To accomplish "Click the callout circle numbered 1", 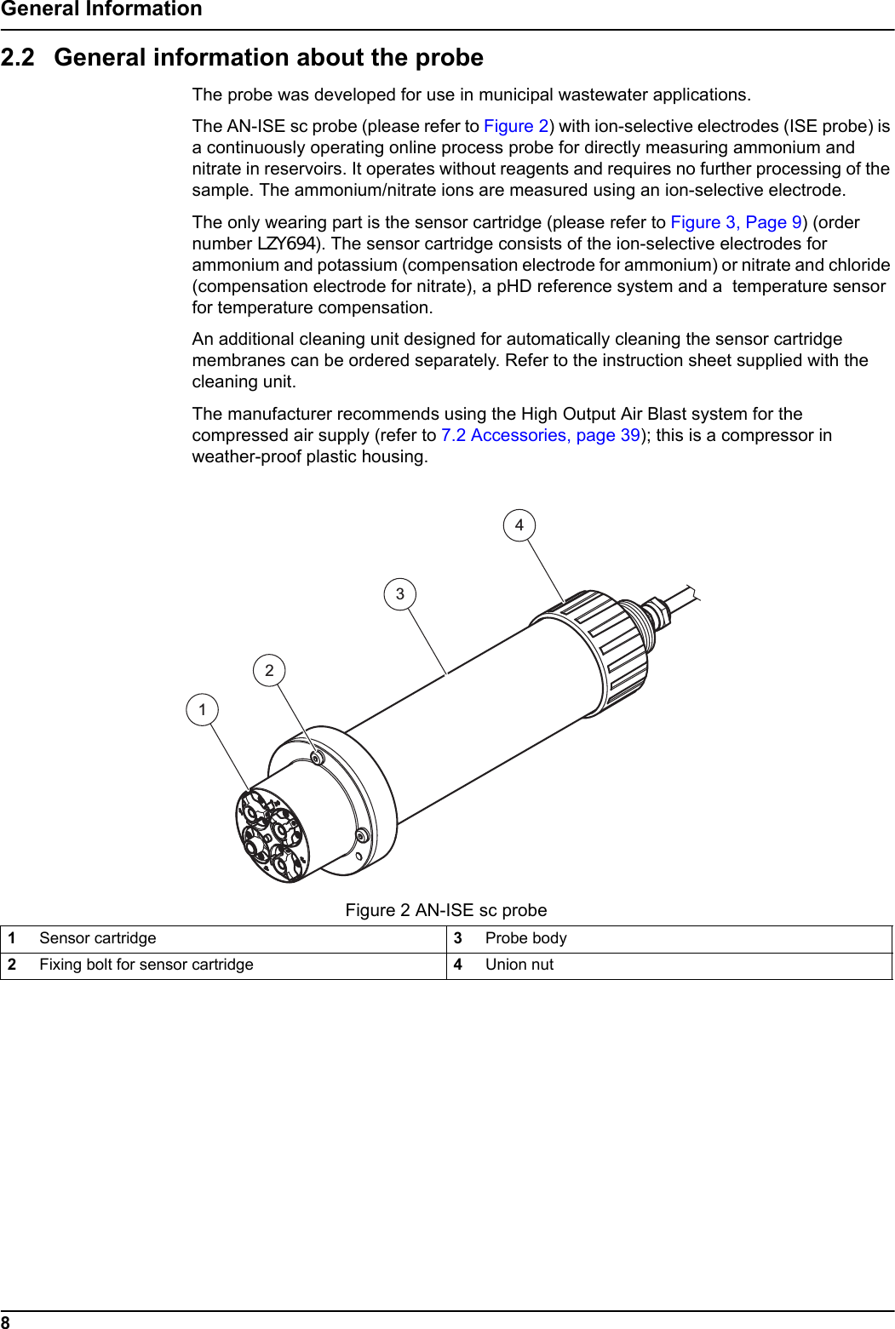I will click(x=202, y=709).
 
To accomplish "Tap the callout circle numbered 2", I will click(x=269, y=670).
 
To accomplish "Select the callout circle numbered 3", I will click(x=399, y=593).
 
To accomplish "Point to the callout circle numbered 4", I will click(x=519, y=524).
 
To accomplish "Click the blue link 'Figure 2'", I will click(x=516, y=126).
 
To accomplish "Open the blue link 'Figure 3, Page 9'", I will click(x=736, y=222).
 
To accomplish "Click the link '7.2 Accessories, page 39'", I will click(x=540, y=435).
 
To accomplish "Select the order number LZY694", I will click(x=286, y=243).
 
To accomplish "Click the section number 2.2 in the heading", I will click(x=18, y=57).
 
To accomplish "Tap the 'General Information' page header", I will click(x=101, y=9).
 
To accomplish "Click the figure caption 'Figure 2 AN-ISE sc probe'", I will click(x=446, y=910).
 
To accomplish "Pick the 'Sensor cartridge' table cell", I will click(x=98, y=938).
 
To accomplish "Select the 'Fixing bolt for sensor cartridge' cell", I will click(x=146, y=965).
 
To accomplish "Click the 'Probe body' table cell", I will click(x=525, y=938).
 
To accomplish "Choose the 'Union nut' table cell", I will click(x=519, y=965).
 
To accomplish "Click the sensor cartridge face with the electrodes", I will click(x=271, y=834).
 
